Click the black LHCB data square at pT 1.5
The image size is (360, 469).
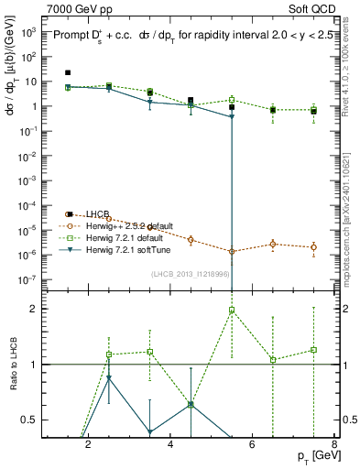point(68,72)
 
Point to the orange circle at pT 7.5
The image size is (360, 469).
point(314,247)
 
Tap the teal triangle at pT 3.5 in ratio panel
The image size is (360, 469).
point(149,432)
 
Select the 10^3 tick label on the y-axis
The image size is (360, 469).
point(29,32)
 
